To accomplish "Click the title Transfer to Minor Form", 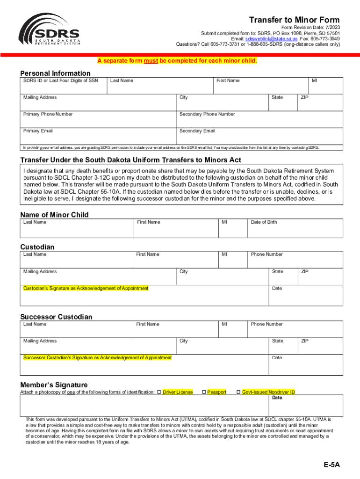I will pyautogui.click(x=294, y=20).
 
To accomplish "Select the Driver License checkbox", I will pyautogui.click(x=159, y=392).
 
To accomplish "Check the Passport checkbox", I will pyautogui.click(x=204, y=392).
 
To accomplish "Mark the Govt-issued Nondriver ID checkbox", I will pyautogui.click(x=238, y=392).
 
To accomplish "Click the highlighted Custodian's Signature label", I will pyautogui.click(x=86, y=288).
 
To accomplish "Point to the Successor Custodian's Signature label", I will pyautogui.click(x=98, y=358).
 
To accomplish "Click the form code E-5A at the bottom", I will pyautogui.click(x=332, y=465).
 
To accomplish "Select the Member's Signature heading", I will pyautogui.click(x=54, y=385).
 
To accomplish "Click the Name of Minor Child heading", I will pyautogui.click(x=54, y=215).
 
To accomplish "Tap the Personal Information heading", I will pyautogui.click(x=55, y=73).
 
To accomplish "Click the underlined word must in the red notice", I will pyautogui.click(x=151, y=61).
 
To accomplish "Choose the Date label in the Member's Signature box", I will pyautogui.click(x=277, y=398).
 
